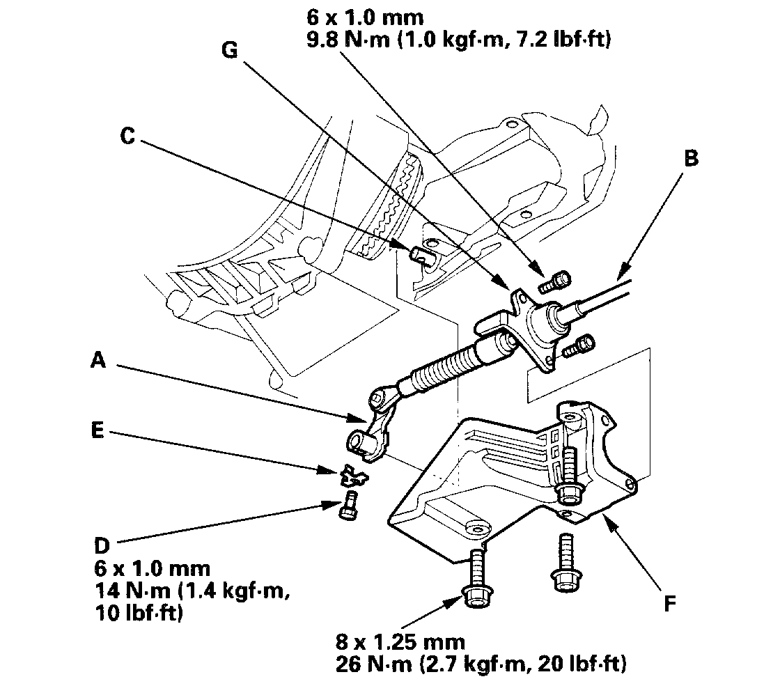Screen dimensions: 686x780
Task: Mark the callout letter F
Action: click(669, 603)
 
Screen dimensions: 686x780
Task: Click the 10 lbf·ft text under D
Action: click(139, 614)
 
